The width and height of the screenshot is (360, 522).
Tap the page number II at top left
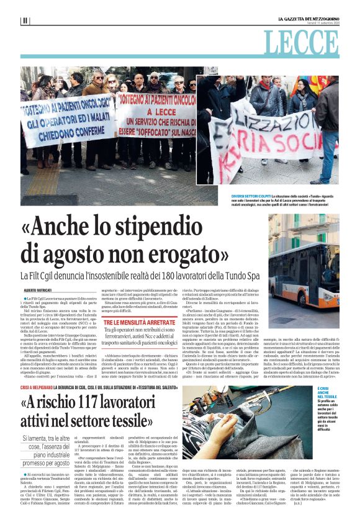point(25,20)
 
